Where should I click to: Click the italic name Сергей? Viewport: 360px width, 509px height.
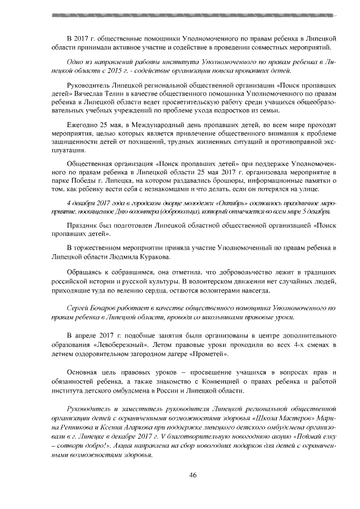78,309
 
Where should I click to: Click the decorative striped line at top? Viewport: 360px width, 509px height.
180,12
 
